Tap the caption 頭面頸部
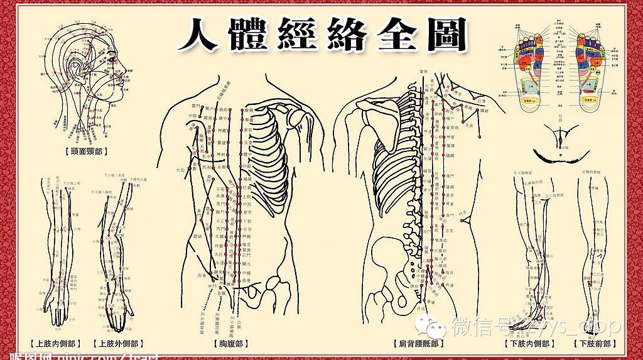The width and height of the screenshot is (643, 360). click(86, 151)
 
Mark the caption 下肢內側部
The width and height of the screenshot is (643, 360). click(529, 344)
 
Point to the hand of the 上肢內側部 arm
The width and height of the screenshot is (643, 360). click(58, 314)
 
